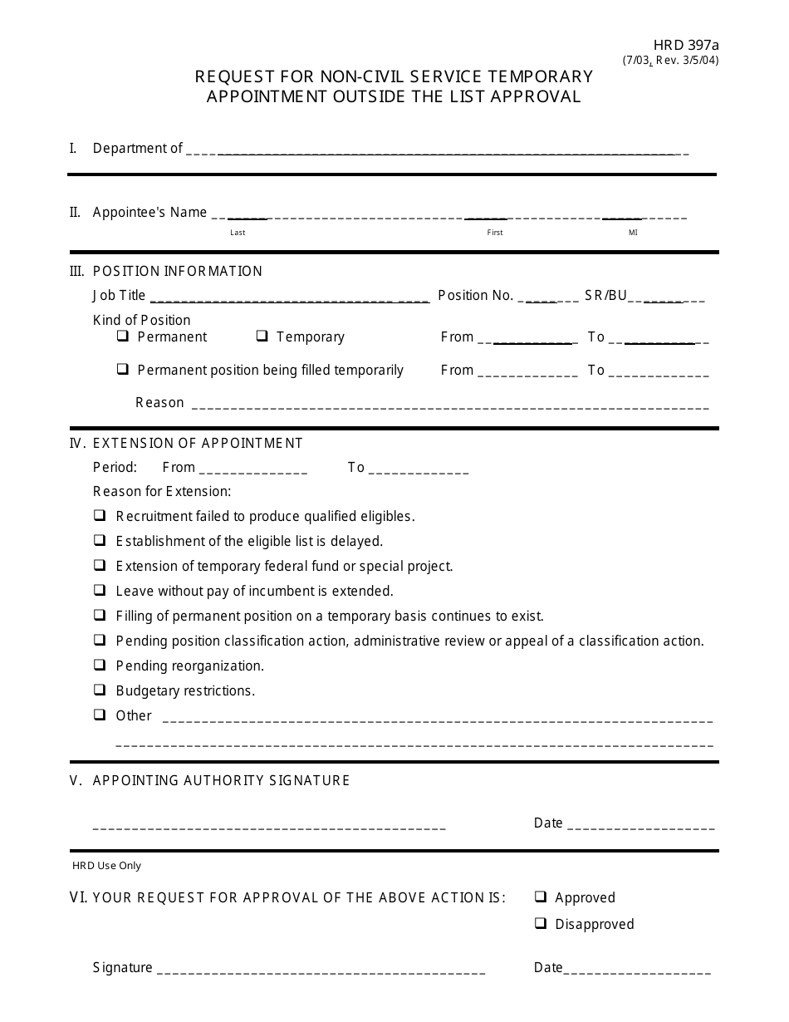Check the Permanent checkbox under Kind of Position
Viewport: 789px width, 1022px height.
point(123,337)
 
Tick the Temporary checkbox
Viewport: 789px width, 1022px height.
point(262,337)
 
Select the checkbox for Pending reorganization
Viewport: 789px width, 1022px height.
point(100,665)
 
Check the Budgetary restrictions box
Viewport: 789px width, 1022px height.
point(100,690)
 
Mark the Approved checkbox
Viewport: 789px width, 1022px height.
point(541,897)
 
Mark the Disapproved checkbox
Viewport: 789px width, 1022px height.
point(541,923)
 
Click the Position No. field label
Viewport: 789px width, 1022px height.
point(475,295)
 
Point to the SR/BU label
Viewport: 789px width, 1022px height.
point(605,295)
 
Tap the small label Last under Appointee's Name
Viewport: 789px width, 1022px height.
point(238,233)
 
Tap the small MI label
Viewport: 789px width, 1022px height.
point(633,233)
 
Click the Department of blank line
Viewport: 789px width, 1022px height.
point(436,153)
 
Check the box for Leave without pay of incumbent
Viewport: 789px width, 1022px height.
point(100,590)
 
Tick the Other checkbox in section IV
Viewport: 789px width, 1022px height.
point(100,715)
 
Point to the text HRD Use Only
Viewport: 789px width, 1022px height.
point(106,865)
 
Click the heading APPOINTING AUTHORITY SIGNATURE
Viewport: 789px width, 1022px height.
point(221,780)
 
